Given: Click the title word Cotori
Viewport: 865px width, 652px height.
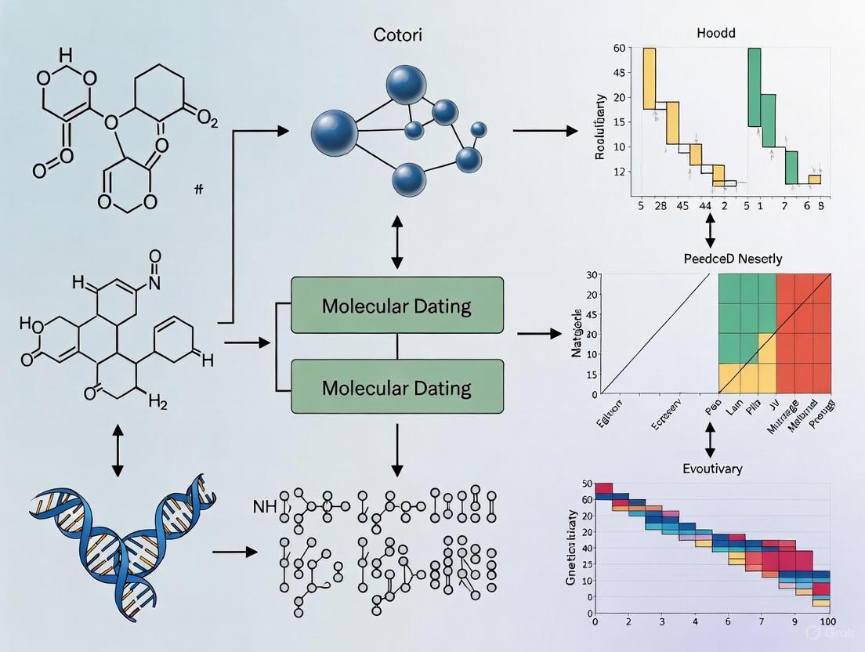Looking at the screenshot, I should (396, 36).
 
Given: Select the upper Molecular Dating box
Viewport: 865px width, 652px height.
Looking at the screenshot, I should (396, 305).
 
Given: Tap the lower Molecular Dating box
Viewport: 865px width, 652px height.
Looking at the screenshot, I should (396, 386).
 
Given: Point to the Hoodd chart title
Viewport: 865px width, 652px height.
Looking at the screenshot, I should (717, 34).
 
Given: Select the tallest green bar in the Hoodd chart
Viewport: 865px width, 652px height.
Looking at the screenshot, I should (754, 86).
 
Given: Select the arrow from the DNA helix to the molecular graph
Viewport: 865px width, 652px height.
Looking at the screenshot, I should (235, 552).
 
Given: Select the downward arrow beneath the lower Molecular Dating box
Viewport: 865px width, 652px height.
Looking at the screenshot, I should (396, 450).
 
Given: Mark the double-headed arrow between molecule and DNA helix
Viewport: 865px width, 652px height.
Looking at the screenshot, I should (118, 451).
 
